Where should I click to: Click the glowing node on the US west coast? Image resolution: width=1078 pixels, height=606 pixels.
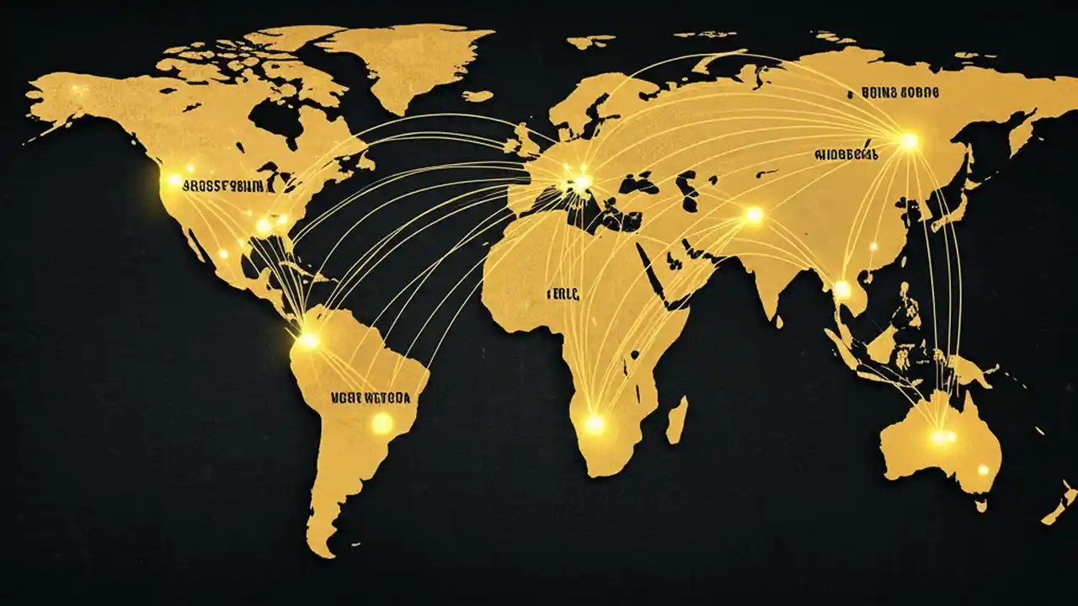point(173,179)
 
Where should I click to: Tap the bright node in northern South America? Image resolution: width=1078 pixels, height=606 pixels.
point(309,341)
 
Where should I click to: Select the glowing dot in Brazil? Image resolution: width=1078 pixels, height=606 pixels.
point(382,423)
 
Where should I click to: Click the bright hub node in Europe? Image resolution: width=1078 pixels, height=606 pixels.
point(582,181)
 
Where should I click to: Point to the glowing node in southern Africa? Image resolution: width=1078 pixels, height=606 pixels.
point(595,423)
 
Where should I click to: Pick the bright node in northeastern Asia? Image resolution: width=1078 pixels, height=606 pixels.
point(909,141)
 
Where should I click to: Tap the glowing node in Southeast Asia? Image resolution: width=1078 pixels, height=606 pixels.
point(842,289)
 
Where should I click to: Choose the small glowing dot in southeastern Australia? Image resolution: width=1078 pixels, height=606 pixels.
point(982,470)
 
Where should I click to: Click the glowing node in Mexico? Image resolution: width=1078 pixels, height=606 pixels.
point(223,253)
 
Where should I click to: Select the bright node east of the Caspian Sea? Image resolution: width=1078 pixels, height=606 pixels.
point(754,215)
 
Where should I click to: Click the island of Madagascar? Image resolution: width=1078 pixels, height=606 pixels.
point(676,420)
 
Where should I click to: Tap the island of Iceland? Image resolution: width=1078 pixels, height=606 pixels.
point(477,96)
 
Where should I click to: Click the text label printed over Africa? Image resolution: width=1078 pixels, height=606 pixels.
point(563,295)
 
